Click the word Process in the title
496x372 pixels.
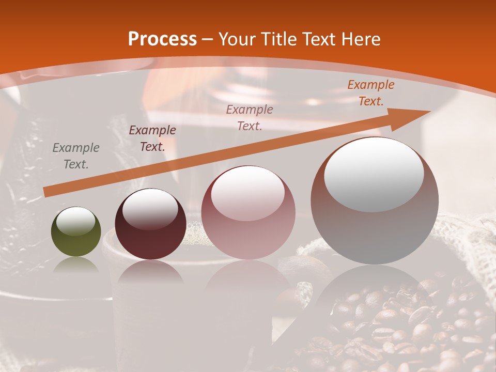(x=162, y=39)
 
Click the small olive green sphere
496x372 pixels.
(x=76, y=231)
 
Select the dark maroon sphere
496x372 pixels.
(x=150, y=224)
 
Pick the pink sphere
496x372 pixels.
(x=248, y=212)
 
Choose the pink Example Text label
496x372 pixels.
(x=250, y=117)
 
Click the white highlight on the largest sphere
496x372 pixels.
(x=374, y=174)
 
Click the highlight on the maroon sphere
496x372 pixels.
(x=150, y=209)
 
